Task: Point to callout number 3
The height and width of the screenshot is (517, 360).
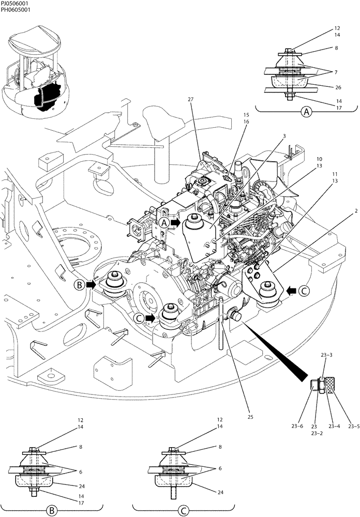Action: click(x=284, y=135)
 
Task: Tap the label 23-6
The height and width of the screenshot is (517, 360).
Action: click(x=297, y=426)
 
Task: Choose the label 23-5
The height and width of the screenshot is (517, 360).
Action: click(x=354, y=426)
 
